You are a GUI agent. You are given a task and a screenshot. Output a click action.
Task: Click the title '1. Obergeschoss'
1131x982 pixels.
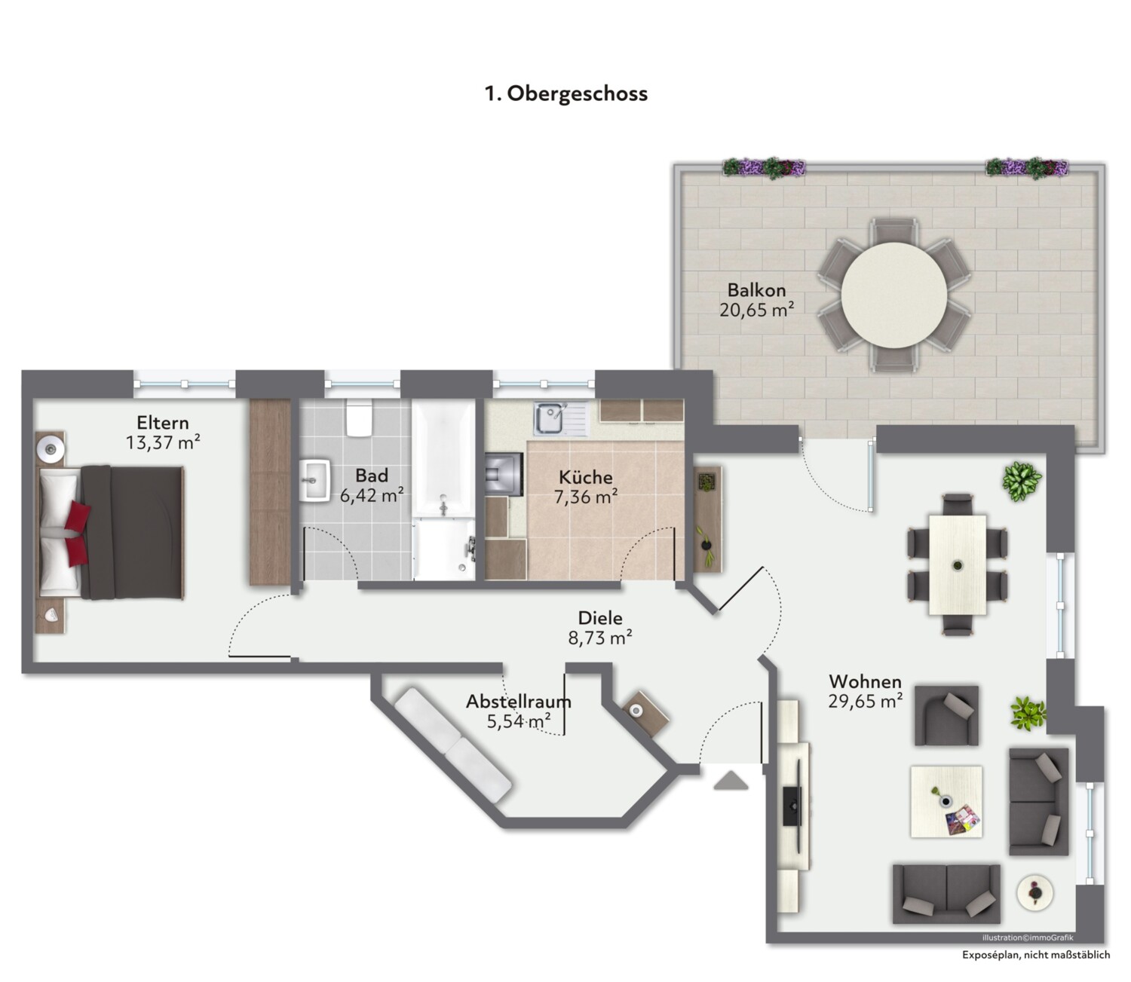(566, 93)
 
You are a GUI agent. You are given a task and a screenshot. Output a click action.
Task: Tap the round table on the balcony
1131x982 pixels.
(893, 295)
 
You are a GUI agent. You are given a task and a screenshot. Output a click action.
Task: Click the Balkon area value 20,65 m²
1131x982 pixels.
(756, 310)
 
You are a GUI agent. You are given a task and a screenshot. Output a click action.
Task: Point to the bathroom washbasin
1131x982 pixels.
(314, 480)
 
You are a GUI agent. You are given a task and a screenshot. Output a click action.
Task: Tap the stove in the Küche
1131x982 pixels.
(504, 474)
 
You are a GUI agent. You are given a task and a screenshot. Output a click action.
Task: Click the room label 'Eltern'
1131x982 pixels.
(163, 423)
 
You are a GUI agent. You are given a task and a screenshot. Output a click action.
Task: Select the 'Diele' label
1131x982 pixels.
(600, 617)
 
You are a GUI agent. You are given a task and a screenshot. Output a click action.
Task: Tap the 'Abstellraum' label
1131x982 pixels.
(519, 702)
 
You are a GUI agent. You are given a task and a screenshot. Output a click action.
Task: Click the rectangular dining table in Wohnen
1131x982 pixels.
(958, 564)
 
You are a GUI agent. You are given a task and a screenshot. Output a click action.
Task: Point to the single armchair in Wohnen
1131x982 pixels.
(946, 716)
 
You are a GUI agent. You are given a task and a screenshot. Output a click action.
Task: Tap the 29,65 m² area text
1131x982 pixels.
(865, 701)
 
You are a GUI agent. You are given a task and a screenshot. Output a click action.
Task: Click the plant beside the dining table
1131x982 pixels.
(1022, 481)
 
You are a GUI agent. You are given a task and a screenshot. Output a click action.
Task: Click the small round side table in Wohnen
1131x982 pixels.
(1034, 892)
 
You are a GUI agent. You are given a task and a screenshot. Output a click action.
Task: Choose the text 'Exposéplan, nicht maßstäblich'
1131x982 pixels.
(1036, 955)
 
